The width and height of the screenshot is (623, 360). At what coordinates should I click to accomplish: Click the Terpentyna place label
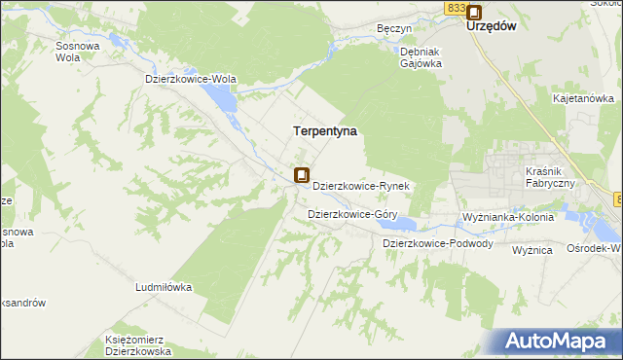[x=325, y=129]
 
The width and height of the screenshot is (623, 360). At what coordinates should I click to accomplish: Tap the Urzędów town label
[x=491, y=27]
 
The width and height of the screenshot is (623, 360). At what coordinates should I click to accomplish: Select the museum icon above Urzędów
[x=474, y=13]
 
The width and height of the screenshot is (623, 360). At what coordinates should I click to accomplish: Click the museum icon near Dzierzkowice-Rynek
[x=302, y=176]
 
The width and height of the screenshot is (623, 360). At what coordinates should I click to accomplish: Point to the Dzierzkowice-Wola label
[x=191, y=80]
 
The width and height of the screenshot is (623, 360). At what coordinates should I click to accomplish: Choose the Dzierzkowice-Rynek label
[x=365, y=185]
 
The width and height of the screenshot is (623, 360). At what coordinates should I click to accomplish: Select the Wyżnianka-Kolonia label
[x=508, y=217]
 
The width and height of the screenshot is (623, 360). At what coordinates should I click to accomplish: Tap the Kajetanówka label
[x=583, y=98]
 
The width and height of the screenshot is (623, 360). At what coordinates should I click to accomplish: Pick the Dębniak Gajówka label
[x=421, y=57]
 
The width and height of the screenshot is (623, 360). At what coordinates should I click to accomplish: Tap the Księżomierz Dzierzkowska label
[x=137, y=345]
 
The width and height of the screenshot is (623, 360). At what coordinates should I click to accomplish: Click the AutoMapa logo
[x=559, y=341]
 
